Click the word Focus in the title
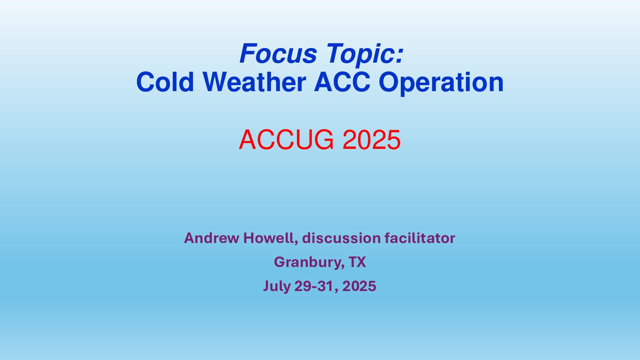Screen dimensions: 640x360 [x=278, y=53]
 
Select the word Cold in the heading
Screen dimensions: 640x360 [x=165, y=82]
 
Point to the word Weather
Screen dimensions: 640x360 [x=254, y=82]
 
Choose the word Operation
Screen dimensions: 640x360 [x=441, y=84]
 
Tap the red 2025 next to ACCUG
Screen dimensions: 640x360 [x=372, y=140]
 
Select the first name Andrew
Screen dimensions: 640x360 [x=212, y=238]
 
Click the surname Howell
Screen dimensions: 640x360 [x=268, y=238]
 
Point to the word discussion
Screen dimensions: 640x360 [x=342, y=238]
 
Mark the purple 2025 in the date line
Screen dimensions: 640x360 [x=359, y=286]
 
